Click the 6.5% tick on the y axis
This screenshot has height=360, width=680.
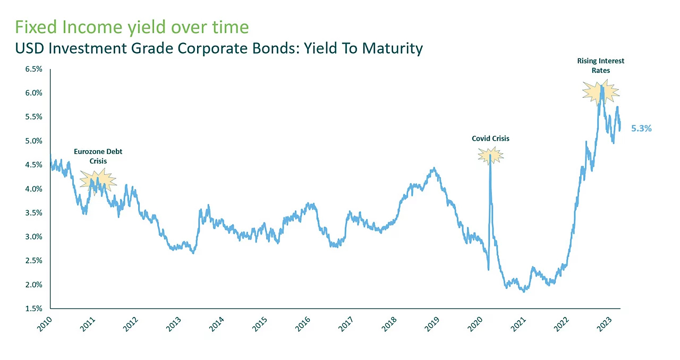point(33,69)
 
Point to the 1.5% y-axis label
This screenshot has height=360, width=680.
point(33,308)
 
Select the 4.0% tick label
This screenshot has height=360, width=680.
point(33,189)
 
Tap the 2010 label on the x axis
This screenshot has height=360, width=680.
point(45,324)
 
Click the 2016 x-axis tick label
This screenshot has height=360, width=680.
point(303,324)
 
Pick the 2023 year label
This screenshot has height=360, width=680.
point(604,324)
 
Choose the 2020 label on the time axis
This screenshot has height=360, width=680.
point(475,324)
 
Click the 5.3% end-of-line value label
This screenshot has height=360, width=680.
point(641,128)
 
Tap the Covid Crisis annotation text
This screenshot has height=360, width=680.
point(490,139)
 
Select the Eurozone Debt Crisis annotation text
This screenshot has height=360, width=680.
point(98,156)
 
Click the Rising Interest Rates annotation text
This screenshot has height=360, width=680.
point(601,65)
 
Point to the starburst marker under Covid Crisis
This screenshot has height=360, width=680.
point(490,156)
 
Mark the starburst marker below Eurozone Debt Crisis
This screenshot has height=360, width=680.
point(98,182)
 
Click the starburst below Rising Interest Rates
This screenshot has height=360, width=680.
point(601,92)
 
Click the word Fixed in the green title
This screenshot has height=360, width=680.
point(36,27)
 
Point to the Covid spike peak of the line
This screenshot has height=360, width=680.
point(490,155)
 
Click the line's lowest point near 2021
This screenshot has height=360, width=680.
point(524,292)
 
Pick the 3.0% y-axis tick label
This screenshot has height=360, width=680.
point(33,237)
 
